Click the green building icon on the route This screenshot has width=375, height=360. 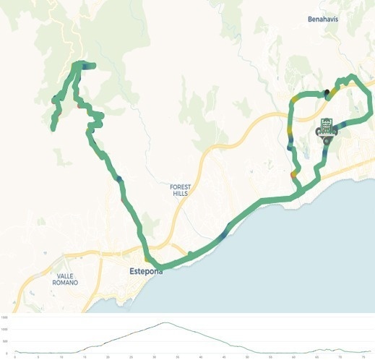[x=327, y=127]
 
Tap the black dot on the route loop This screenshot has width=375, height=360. [x=327, y=92]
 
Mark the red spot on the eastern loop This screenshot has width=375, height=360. [x=293, y=174]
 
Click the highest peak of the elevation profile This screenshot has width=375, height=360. [x=165, y=323]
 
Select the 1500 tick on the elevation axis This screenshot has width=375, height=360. [x=5, y=317]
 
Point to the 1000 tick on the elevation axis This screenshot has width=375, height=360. [x=5, y=329]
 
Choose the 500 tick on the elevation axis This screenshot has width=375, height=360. [x=5, y=340]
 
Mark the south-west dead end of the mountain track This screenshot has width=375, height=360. [x=53, y=129]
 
